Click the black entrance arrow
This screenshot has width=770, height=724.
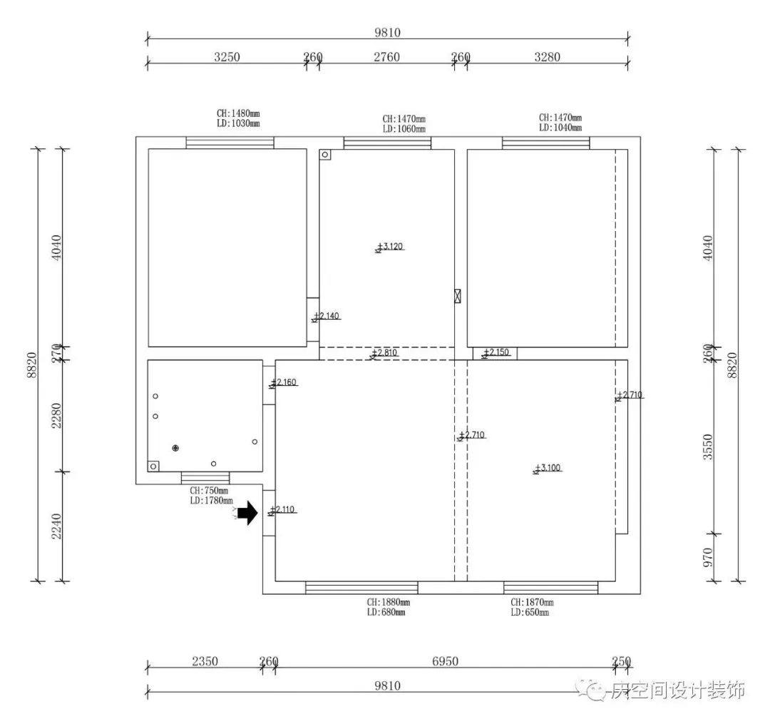click(x=248, y=513)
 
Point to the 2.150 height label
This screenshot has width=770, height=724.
click(x=496, y=352)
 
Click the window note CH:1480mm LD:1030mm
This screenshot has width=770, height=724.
click(x=238, y=118)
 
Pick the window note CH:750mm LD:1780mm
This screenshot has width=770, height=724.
click(x=211, y=496)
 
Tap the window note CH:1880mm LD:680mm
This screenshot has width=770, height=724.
click(x=388, y=607)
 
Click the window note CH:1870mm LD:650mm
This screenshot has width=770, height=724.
click(x=530, y=607)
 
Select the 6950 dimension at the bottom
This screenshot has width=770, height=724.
click(x=445, y=661)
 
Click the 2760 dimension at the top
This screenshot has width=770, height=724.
click(x=386, y=57)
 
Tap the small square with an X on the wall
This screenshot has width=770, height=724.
click(x=458, y=297)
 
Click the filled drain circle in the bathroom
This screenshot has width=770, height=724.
click(x=175, y=448)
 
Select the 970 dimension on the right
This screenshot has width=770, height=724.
click(x=708, y=557)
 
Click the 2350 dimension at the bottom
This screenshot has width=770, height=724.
click(x=205, y=661)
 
